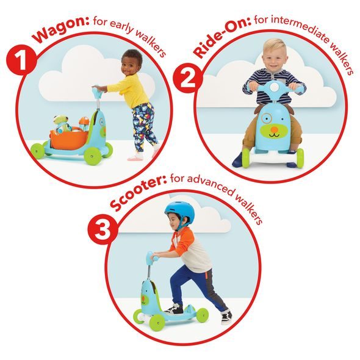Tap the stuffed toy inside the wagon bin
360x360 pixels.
pyautogui.click(x=60, y=121)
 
